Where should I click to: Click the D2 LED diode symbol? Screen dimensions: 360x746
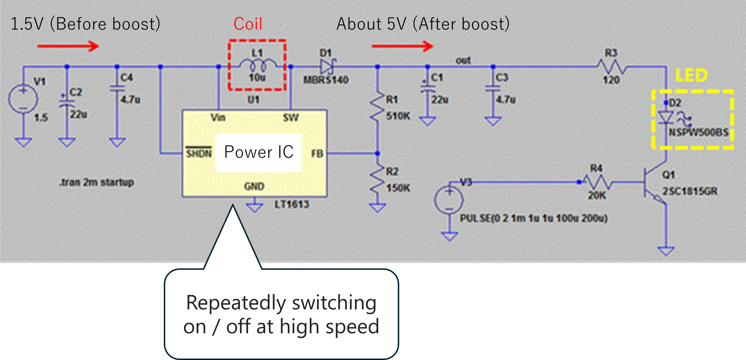pos(666,117)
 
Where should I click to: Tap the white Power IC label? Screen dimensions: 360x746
pos(259,152)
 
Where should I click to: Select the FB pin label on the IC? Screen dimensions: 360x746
pos(317,153)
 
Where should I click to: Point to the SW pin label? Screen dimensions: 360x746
pos(290,118)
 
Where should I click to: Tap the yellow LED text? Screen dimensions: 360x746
pos(691,76)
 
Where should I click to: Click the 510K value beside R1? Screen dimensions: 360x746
pos(398,116)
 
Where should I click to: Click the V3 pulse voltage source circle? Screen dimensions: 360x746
pos(449,200)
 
